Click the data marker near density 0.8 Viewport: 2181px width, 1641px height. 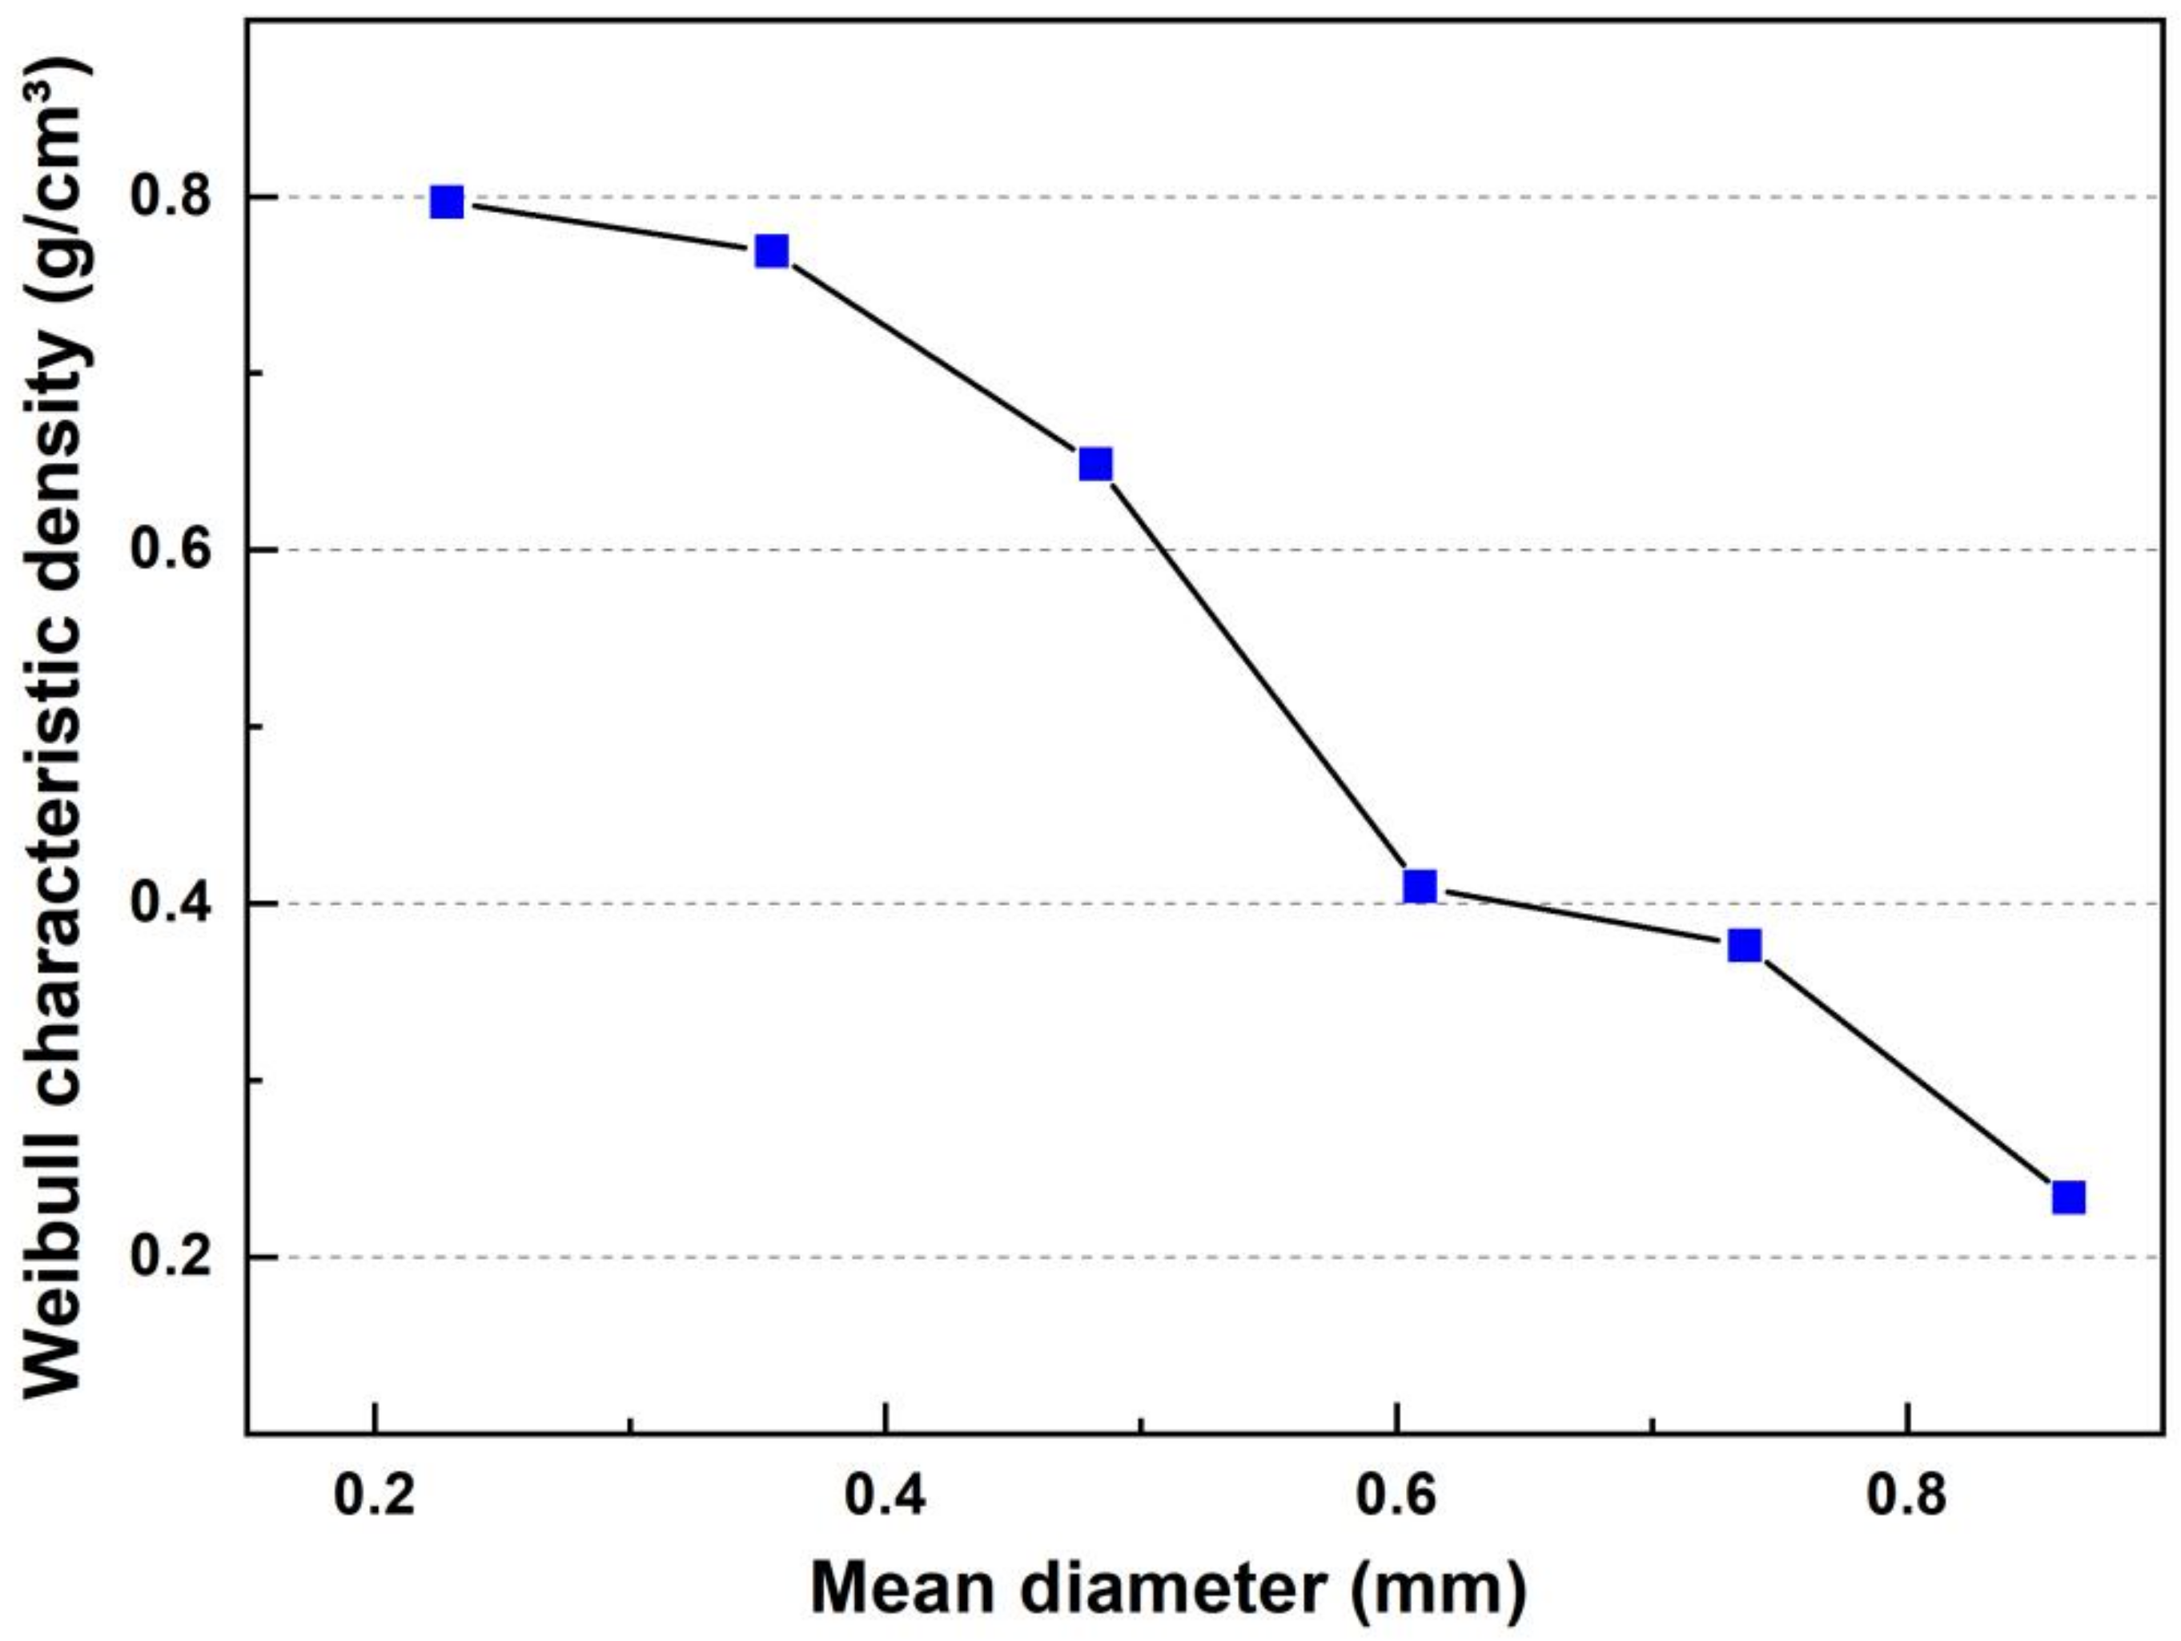coord(447,202)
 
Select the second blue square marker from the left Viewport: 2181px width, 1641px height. coord(771,251)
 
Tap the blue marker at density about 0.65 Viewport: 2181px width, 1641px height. coord(1095,464)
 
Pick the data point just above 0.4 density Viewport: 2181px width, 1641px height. coord(1420,886)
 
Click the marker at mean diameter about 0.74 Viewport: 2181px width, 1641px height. coord(1744,946)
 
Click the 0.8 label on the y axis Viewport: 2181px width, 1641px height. coord(171,197)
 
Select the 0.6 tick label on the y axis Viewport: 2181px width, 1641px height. coord(171,550)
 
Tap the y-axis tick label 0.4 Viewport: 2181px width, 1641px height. coord(171,903)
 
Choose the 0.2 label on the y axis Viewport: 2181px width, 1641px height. coord(171,1257)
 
